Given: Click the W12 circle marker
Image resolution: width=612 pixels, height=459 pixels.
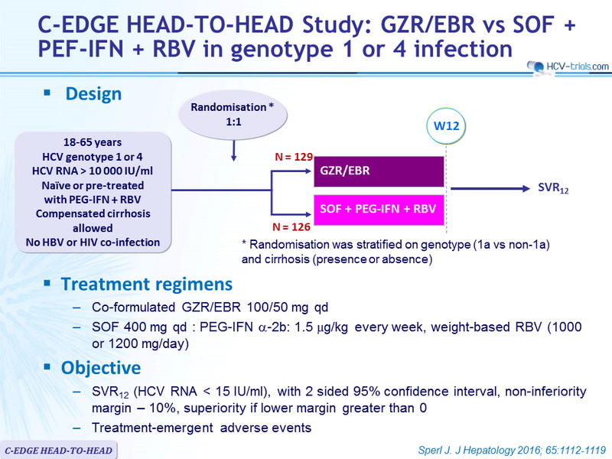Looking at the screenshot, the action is click(x=446, y=126).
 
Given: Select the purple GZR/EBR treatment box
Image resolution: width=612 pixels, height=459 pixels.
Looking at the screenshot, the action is click(x=379, y=171).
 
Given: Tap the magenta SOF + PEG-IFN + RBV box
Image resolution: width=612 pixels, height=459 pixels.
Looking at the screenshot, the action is click(x=379, y=210).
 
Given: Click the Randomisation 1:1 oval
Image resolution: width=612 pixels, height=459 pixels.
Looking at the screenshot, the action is click(x=233, y=115).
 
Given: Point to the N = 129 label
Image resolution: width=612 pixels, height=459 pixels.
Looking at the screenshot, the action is click(x=294, y=157).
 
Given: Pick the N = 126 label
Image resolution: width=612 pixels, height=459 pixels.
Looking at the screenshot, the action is click(x=291, y=226).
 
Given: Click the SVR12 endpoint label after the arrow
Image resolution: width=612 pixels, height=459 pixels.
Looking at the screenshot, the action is click(x=553, y=188).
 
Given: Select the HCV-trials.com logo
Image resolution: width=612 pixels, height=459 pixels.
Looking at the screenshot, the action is click(x=568, y=67).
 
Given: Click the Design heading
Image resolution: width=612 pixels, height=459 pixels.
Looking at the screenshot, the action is click(x=93, y=94).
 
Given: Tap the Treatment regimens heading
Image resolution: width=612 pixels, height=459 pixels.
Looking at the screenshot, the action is click(x=147, y=284).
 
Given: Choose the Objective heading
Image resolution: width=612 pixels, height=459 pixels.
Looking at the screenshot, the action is click(x=101, y=368).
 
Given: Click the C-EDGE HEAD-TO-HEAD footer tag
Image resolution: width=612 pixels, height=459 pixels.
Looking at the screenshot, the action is click(x=58, y=451).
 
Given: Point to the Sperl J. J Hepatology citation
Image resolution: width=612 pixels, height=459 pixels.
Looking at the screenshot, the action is click(x=512, y=450).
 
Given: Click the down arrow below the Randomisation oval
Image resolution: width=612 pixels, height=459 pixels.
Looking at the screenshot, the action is click(x=233, y=151).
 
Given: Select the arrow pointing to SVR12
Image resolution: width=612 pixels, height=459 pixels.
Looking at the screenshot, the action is click(x=490, y=189).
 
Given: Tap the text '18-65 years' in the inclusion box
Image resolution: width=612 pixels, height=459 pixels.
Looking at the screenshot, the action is click(x=93, y=142).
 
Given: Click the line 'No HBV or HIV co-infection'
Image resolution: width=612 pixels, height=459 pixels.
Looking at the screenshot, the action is click(x=93, y=243).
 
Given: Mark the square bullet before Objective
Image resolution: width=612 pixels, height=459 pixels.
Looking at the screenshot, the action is click(x=47, y=367).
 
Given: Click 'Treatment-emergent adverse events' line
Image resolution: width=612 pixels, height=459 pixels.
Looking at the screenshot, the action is click(x=201, y=428).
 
